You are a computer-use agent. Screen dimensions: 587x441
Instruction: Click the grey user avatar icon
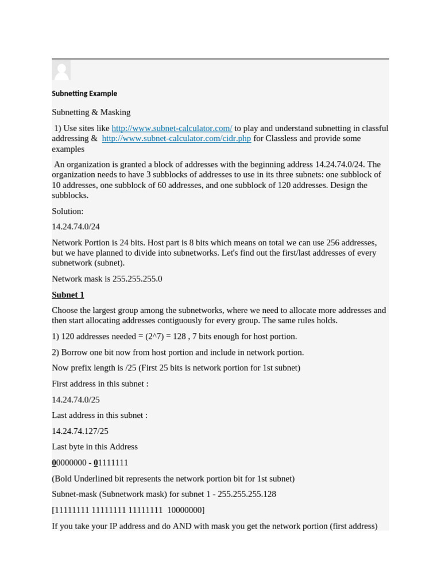click(61, 71)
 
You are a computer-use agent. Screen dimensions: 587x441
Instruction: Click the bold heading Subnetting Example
click(84, 93)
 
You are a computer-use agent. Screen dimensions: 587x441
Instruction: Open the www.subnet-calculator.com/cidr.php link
click(176, 139)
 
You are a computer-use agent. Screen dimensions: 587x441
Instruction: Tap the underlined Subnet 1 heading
click(68, 295)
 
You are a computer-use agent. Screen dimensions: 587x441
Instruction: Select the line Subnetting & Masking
click(91, 112)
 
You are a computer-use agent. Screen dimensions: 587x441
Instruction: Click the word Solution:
click(68, 211)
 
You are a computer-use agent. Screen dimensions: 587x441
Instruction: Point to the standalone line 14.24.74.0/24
click(76, 227)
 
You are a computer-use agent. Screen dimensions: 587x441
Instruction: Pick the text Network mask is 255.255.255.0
click(107, 279)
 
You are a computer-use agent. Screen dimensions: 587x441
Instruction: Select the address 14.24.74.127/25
click(80, 431)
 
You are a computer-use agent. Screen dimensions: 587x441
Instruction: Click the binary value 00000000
click(69, 463)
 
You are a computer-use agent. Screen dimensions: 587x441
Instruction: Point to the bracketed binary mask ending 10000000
click(128, 510)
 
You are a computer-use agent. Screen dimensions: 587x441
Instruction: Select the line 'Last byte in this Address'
click(95, 447)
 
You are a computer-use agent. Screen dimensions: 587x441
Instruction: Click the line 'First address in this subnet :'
click(100, 384)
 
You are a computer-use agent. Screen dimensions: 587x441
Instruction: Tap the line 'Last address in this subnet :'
click(99, 415)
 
